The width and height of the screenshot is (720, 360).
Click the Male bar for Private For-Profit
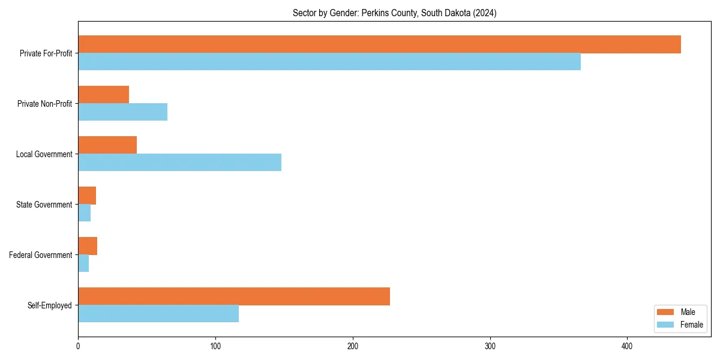pyautogui.click(x=379, y=44)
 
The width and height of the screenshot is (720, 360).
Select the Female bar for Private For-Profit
pyautogui.click(x=329, y=62)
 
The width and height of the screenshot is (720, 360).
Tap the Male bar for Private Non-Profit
pyautogui.click(x=103, y=95)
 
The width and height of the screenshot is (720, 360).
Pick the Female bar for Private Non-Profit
pyautogui.click(x=122, y=112)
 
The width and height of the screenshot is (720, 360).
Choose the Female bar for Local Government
pyautogui.click(x=179, y=163)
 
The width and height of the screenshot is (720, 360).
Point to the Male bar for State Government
pyautogui.click(x=87, y=196)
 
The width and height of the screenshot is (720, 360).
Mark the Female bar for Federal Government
pyautogui.click(x=83, y=263)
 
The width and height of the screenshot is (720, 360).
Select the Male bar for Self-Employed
pyautogui.click(x=234, y=296)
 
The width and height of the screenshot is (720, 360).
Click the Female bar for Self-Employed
pyautogui.click(x=158, y=314)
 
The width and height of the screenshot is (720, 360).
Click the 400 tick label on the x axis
pyautogui.click(x=627, y=346)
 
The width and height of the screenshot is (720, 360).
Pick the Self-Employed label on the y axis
pyautogui.click(x=49, y=305)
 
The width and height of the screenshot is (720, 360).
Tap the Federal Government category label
pyautogui.click(x=40, y=255)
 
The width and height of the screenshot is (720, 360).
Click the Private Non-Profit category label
pyautogui.click(x=44, y=104)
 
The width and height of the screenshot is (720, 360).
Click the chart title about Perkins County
pyautogui.click(x=394, y=13)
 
